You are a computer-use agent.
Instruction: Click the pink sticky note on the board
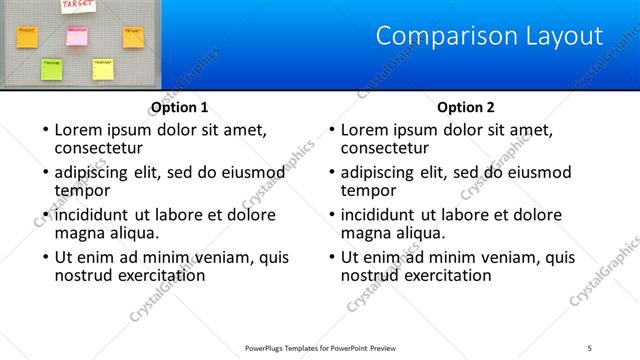(x=77, y=36)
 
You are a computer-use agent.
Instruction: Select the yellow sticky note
(x=102, y=68)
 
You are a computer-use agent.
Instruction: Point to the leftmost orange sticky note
(x=27, y=37)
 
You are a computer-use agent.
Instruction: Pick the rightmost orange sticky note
(x=132, y=36)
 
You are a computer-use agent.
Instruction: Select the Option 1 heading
(x=179, y=107)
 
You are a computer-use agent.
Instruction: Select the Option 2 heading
(x=466, y=107)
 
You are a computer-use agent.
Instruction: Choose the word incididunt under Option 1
(x=93, y=215)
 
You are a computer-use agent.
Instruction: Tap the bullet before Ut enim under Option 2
(x=332, y=258)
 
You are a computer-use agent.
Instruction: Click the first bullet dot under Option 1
(x=45, y=130)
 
